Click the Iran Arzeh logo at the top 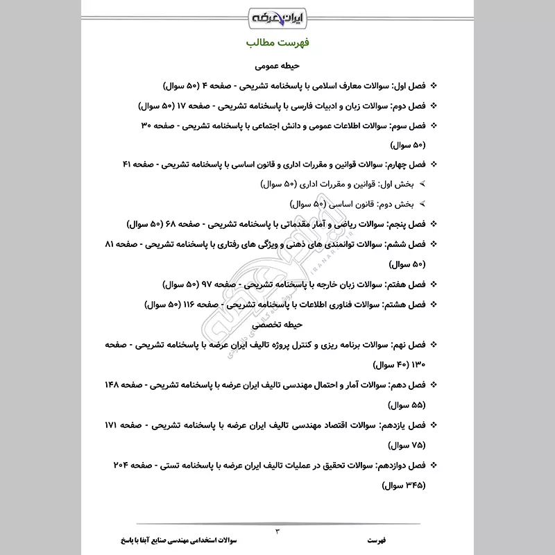pos(277,15)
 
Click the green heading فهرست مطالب pos(277,42)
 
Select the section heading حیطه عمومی pos(277,67)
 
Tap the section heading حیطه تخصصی pos(277,324)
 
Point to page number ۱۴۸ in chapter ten pos(114,384)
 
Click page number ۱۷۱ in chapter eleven pos(114,425)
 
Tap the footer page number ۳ pos(277,532)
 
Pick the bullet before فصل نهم pos(434,344)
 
